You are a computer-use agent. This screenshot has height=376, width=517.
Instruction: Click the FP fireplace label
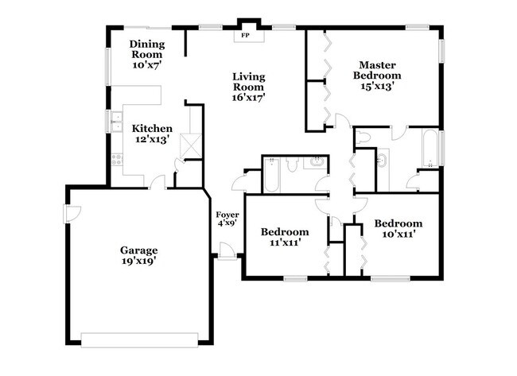pyautogui.click(x=244, y=36)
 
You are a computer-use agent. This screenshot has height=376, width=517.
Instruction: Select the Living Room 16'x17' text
pyautogui.click(x=247, y=87)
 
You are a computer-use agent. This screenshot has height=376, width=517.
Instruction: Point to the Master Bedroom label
pyautogui.click(x=377, y=76)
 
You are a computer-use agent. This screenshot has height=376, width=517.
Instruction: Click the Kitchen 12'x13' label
pyautogui.click(x=152, y=134)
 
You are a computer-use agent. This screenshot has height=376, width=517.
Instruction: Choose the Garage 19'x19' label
pyautogui.click(x=139, y=254)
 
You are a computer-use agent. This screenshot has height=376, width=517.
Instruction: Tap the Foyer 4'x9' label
pyautogui.click(x=227, y=219)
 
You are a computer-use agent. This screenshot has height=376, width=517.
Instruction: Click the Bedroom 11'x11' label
pyautogui.click(x=284, y=238)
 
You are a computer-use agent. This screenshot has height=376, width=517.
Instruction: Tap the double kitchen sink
pyautogui.click(x=116, y=122)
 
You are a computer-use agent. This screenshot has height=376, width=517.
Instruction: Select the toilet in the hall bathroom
pyautogui.click(x=291, y=165)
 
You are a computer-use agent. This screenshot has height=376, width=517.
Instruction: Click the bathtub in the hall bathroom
pyautogui.click(x=270, y=175)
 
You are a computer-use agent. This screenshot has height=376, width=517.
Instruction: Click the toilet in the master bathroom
pyautogui.click(x=363, y=137)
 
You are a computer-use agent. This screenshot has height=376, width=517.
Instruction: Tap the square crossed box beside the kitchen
pyautogui.click(x=189, y=145)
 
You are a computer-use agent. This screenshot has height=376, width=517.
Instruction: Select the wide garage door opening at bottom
pyautogui.click(x=139, y=339)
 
